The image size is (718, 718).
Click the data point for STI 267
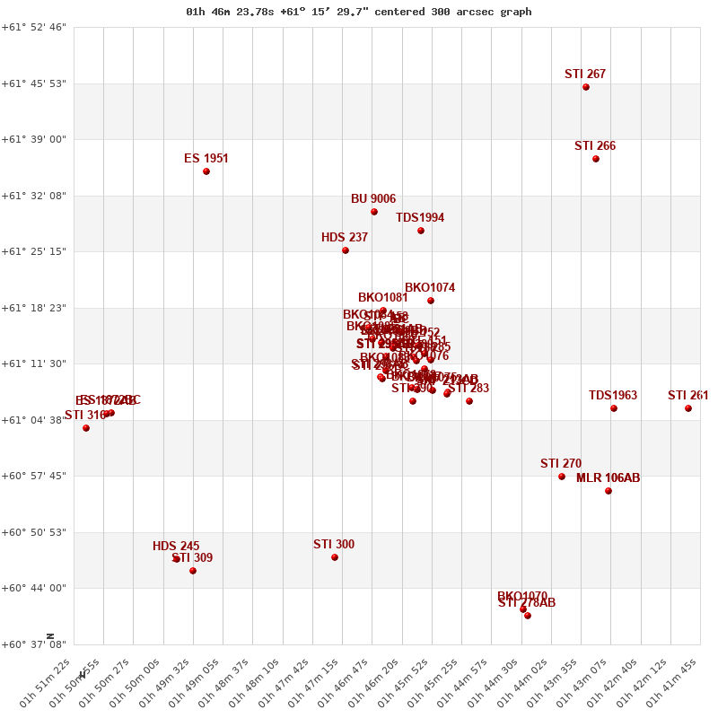coord(586,87)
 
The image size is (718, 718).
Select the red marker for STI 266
coord(596,159)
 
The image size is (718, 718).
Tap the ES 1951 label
coord(206,159)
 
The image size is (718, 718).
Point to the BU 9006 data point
coord(374,212)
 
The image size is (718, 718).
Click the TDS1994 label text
coord(420,218)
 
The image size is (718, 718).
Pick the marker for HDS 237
coord(346,250)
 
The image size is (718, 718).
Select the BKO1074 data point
coord(431,301)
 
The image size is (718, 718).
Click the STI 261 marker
coord(688,408)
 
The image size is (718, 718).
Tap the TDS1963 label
coord(613,396)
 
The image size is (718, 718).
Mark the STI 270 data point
coord(562,477)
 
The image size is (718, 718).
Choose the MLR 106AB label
coord(608,478)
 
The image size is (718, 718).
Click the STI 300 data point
coord(335,557)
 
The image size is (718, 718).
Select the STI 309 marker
coord(193,571)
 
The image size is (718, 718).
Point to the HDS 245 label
coord(176,547)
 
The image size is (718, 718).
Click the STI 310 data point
coord(86,428)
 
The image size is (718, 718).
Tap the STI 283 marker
coord(469,401)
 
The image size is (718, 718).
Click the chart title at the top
coord(359,12)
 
